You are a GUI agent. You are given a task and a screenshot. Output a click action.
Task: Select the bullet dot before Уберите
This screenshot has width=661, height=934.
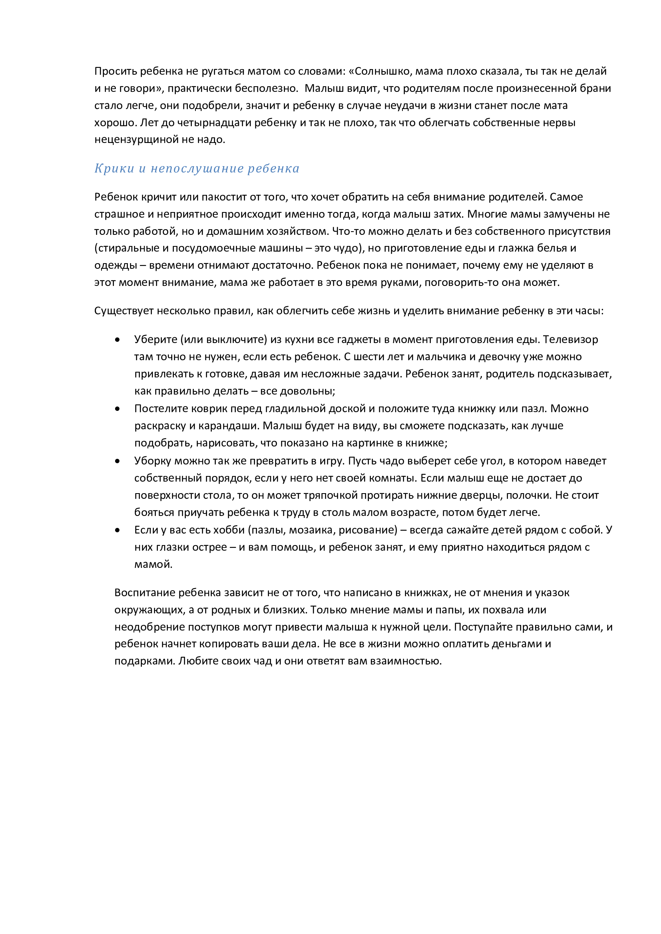[x=117, y=340]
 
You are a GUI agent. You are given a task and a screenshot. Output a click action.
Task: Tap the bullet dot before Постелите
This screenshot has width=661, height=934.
[x=117, y=409]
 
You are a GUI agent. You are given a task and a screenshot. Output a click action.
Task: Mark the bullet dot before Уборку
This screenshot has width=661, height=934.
[x=117, y=461]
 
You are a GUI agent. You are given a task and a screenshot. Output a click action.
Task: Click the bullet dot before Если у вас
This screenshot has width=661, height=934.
[x=117, y=530]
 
